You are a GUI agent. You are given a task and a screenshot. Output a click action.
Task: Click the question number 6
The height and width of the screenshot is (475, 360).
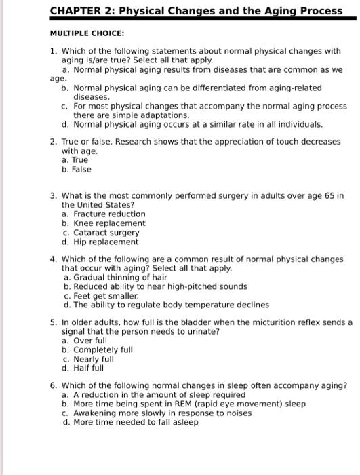pyautogui.click(x=53, y=385)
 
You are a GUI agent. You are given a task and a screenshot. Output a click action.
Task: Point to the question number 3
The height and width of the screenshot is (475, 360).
pyautogui.click(x=53, y=195)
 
